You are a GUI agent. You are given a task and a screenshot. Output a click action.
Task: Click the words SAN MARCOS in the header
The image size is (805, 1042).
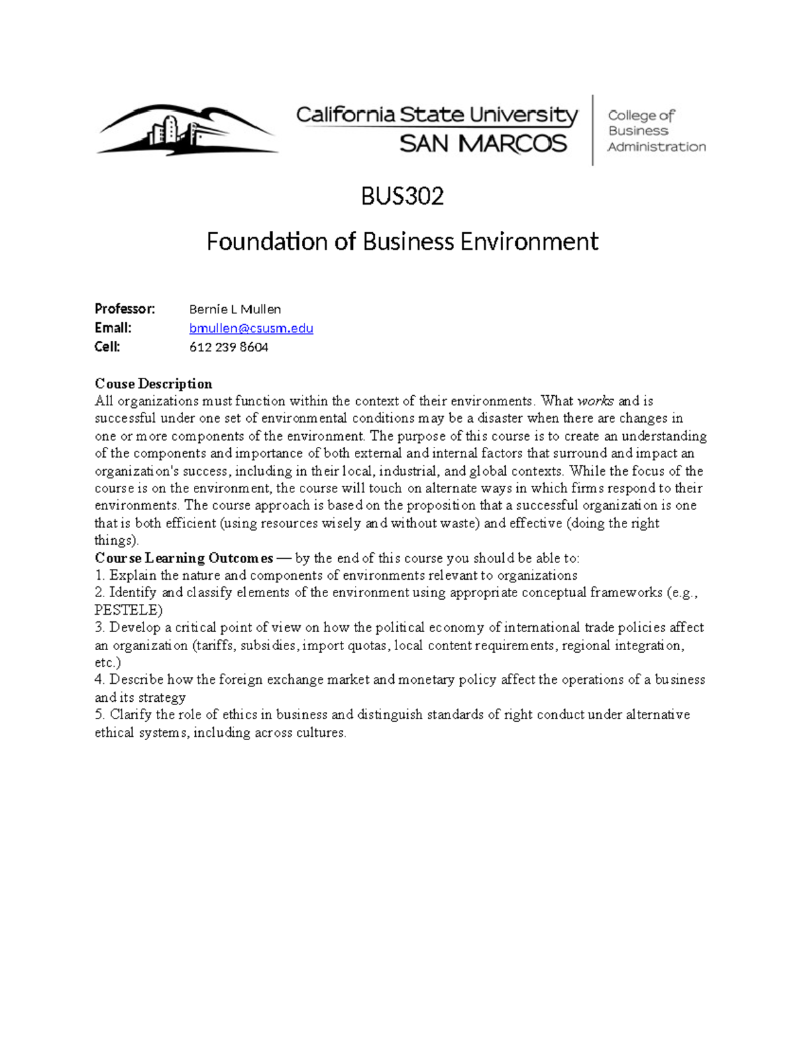click(x=483, y=144)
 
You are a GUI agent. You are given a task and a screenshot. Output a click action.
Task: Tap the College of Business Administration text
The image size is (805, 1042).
click(x=655, y=131)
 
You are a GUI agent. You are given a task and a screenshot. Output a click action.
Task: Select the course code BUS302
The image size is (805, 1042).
click(x=402, y=197)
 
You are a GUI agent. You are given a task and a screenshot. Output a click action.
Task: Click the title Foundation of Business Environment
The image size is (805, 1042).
click(x=402, y=242)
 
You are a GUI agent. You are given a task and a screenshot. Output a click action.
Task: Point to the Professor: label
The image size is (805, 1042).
click(x=125, y=309)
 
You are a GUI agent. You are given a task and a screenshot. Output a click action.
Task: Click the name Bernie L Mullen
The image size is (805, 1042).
click(x=235, y=309)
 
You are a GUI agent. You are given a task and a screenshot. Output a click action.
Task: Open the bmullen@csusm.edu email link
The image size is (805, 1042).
click(x=251, y=328)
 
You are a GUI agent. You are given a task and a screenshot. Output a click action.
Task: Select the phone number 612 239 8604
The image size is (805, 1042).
click(x=229, y=347)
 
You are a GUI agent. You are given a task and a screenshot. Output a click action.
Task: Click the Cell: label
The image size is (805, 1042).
click(x=107, y=347)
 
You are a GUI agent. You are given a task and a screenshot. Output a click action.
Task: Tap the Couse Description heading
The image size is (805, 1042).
click(x=154, y=384)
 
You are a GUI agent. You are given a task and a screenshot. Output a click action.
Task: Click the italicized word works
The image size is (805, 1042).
click(x=595, y=401)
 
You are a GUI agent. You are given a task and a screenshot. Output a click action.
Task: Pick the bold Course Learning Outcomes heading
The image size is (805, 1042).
click(x=184, y=558)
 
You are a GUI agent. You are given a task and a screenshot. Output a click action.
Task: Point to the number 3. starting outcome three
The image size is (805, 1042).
click(x=100, y=627)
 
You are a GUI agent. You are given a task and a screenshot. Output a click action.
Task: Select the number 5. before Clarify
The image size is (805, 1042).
click(x=100, y=715)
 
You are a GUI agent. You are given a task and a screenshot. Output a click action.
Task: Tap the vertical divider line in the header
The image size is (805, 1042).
click(x=593, y=130)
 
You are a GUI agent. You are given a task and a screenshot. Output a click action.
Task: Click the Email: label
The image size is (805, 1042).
click(x=113, y=328)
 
